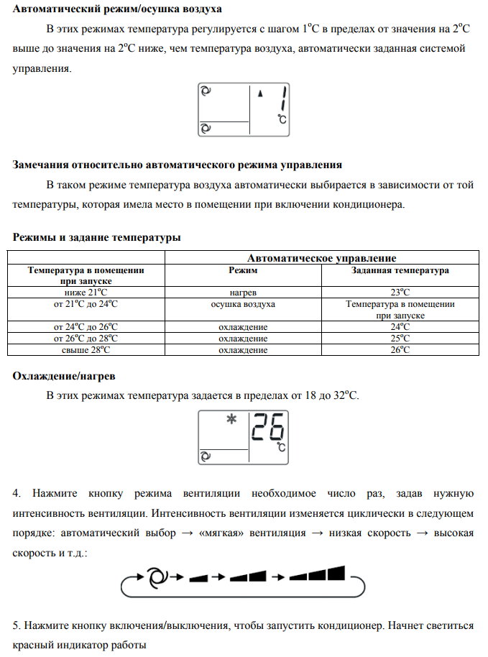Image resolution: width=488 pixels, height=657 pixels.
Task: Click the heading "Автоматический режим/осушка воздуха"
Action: [118, 9]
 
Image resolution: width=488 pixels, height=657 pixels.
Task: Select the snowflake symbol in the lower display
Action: [231, 421]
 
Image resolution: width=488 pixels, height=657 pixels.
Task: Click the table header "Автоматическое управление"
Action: [321, 258]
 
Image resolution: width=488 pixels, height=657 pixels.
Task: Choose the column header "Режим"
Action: [243, 271]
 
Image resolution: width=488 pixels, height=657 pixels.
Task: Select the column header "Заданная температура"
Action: [400, 271]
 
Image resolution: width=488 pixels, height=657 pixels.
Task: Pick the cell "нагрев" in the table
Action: [243, 293]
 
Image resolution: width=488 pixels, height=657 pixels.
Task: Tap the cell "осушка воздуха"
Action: [243, 304]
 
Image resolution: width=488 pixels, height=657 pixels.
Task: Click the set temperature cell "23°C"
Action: [400, 293]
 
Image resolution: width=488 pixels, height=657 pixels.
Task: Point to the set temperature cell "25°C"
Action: [400, 339]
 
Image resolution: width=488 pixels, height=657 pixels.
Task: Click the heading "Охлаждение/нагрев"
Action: [64, 376]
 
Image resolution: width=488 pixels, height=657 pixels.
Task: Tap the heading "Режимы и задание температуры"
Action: [97, 237]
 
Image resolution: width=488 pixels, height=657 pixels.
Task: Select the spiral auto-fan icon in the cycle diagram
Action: [155, 576]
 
